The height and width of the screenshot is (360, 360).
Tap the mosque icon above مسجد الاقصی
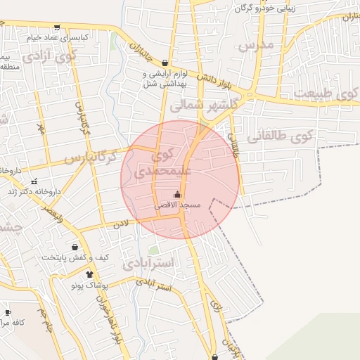pyautogui.click(x=177, y=195)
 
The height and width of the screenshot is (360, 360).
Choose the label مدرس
pyautogui.click(x=255, y=46)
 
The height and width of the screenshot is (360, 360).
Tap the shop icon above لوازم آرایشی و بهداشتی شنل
pyautogui.click(x=165, y=63)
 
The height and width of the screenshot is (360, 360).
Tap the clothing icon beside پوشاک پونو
pyautogui.click(x=89, y=274)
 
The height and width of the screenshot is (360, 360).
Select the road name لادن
pyautogui.click(x=122, y=224)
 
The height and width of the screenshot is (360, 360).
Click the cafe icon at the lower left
pyautogui.click(x=8, y=312)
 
